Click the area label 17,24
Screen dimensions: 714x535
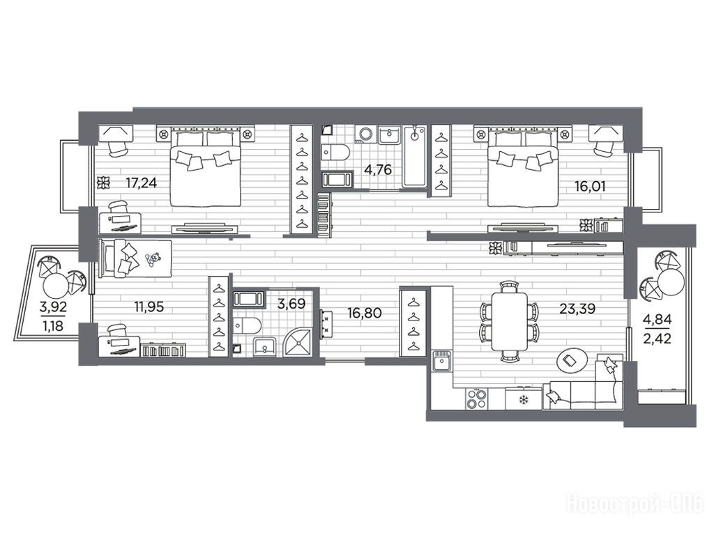tap(141, 183)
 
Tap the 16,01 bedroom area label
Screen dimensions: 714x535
tap(590, 187)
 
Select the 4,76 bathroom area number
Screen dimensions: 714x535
tap(378, 170)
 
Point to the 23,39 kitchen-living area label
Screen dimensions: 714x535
tap(577, 309)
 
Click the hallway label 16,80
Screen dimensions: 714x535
tap(364, 313)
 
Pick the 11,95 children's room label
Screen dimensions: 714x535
tap(149, 307)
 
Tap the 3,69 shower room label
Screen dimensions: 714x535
tap(291, 304)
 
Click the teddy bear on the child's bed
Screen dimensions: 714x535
tap(152, 259)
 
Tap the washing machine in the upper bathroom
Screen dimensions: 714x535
tap(365, 134)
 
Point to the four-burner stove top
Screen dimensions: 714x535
tap(476, 398)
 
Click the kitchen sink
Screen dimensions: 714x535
tap(441, 363)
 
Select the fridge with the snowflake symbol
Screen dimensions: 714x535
tap(524, 399)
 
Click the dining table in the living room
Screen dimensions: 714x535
tap(509, 321)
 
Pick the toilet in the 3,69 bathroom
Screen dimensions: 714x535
tap(246, 326)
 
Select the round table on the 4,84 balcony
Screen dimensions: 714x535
tap(671, 282)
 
